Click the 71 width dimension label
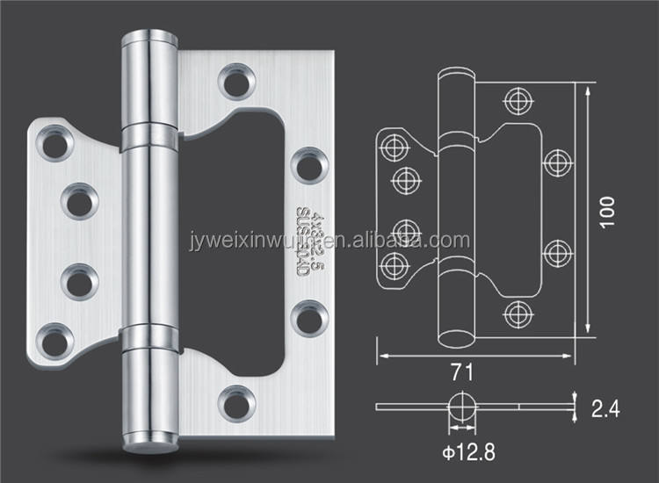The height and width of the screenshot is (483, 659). (464, 372)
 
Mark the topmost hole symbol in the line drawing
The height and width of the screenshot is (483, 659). (516, 99)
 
